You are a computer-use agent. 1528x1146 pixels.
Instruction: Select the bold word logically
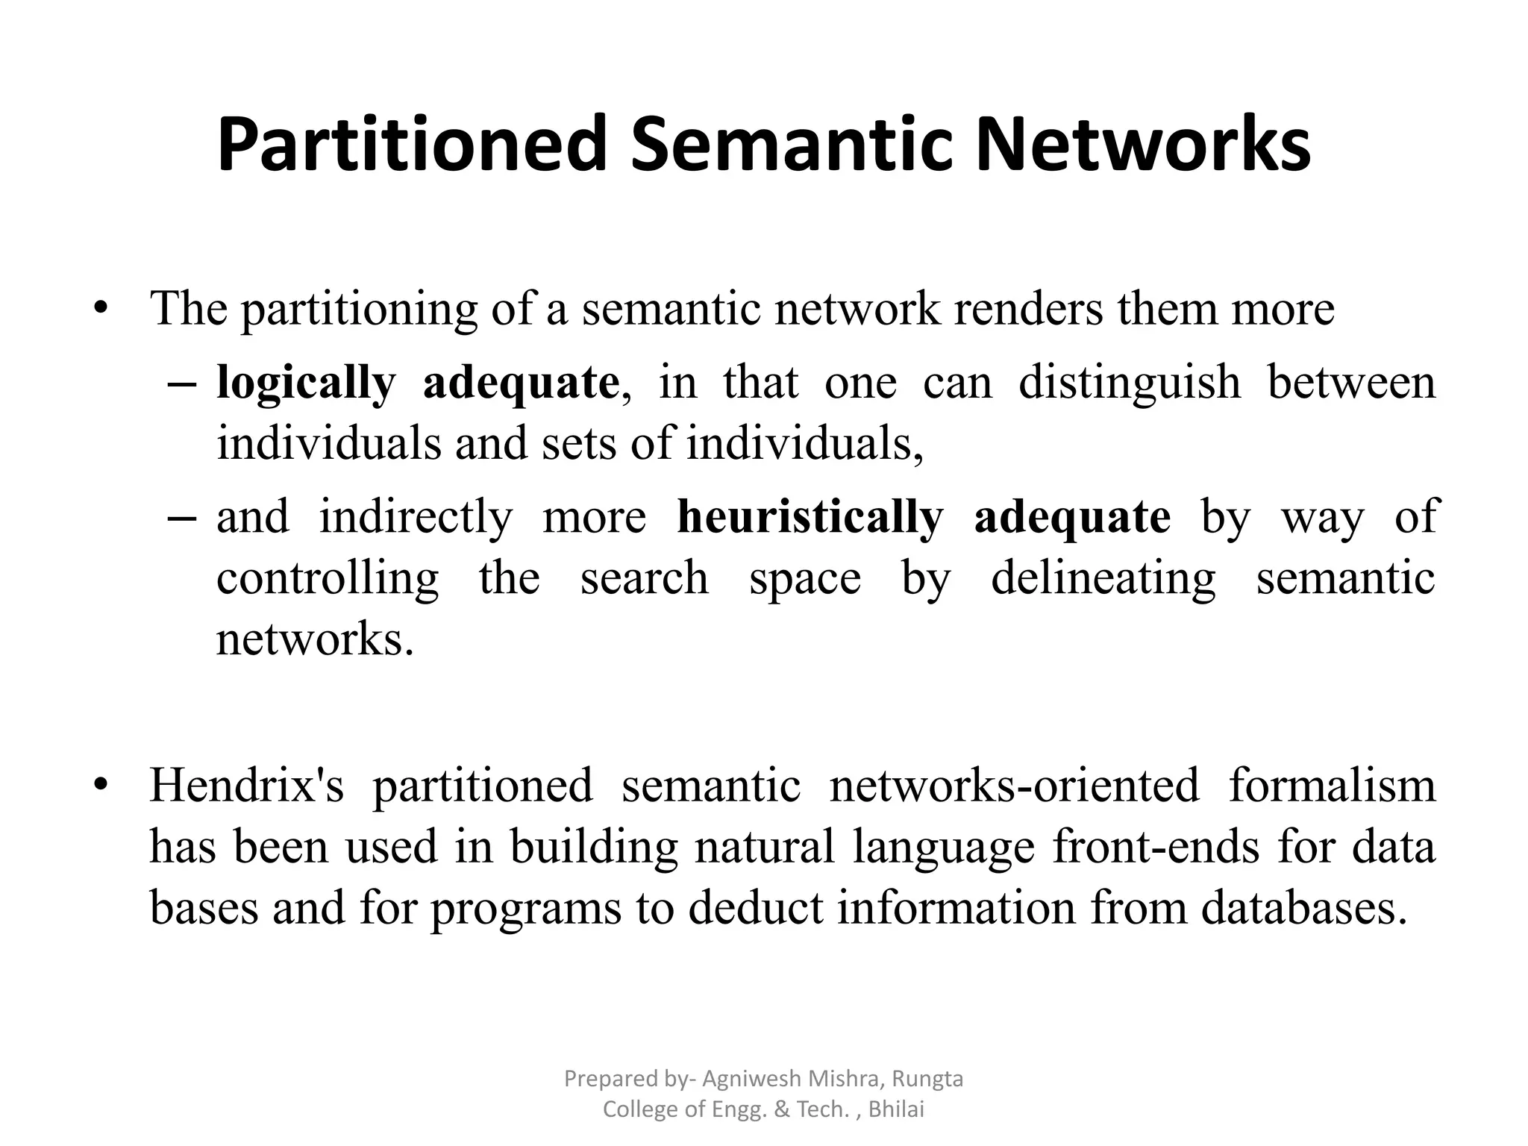(305, 383)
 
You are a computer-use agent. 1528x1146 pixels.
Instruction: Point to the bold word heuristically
(810, 517)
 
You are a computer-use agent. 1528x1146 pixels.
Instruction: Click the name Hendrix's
(246, 786)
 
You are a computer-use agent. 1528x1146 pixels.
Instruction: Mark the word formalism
(1332, 786)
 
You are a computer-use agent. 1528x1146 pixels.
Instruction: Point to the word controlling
(328, 578)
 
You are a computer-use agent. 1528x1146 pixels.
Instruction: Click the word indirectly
(416, 517)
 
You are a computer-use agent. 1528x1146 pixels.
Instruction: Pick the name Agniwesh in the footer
(747, 1079)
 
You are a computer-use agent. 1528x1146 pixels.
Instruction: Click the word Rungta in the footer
(928, 1079)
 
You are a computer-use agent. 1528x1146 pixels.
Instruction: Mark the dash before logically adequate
(182, 385)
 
